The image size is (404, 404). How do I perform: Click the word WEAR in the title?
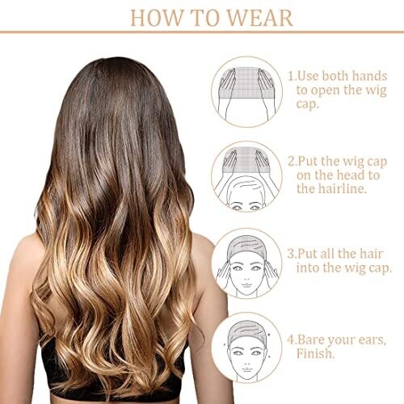(x=260, y=18)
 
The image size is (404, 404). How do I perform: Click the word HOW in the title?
(x=156, y=18)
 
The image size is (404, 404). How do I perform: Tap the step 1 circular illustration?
(x=246, y=91)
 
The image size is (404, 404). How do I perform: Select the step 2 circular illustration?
(x=246, y=177)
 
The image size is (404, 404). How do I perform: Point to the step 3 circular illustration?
(x=246, y=263)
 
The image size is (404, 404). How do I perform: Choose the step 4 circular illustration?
(x=246, y=347)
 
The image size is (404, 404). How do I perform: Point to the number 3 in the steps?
(x=291, y=254)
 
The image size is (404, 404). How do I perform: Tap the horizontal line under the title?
(x=202, y=32)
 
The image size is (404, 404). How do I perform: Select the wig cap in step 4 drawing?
(x=246, y=330)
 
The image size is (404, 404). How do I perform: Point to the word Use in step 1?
(x=308, y=76)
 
